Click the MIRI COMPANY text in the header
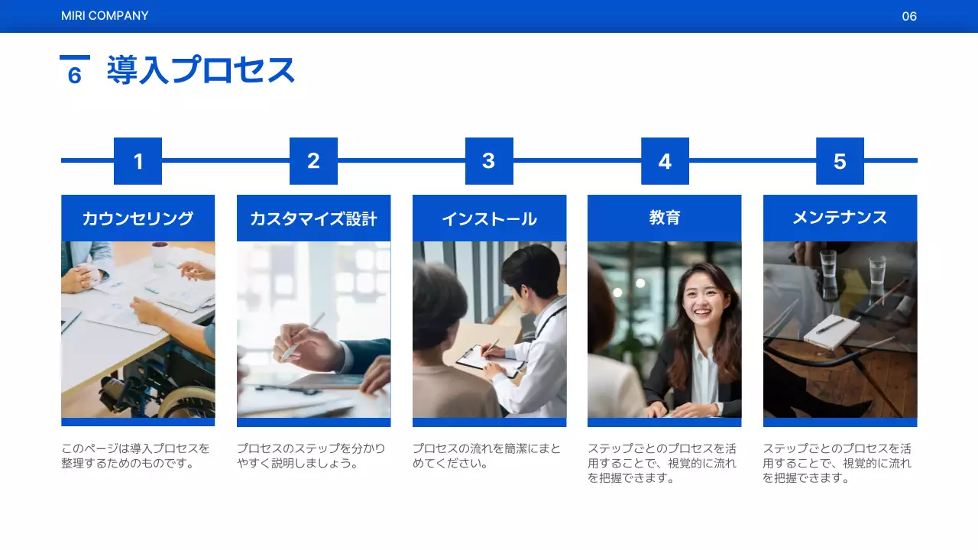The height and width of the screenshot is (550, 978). [x=105, y=16]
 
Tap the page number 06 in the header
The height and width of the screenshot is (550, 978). [x=909, y=16]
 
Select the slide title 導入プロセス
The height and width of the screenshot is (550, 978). [x=201, y=70]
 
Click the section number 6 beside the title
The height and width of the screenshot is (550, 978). [x=75, y=76]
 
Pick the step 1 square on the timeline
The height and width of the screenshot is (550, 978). [x=138, y=161]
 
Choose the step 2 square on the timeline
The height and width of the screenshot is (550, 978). [x=313, y=161]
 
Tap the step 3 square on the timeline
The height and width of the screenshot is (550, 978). [x=489, y=161]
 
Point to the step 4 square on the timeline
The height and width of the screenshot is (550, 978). [x=665, y=161]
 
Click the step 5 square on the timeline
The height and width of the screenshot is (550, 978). [x=840, y=161]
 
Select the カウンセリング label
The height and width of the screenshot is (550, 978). [x=138, y=218]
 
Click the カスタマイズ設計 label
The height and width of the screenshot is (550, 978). [x=313, y=218]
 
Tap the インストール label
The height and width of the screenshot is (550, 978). [x=489, y=218]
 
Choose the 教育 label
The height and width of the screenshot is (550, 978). [x=664, y=218]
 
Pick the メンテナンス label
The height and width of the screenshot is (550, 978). [x=840, y=218]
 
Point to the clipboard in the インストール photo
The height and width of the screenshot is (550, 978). [x=480, y=357]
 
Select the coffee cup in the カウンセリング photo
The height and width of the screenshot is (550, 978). [x=159, y=254]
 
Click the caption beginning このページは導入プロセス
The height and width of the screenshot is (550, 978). [x=135, y=456]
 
